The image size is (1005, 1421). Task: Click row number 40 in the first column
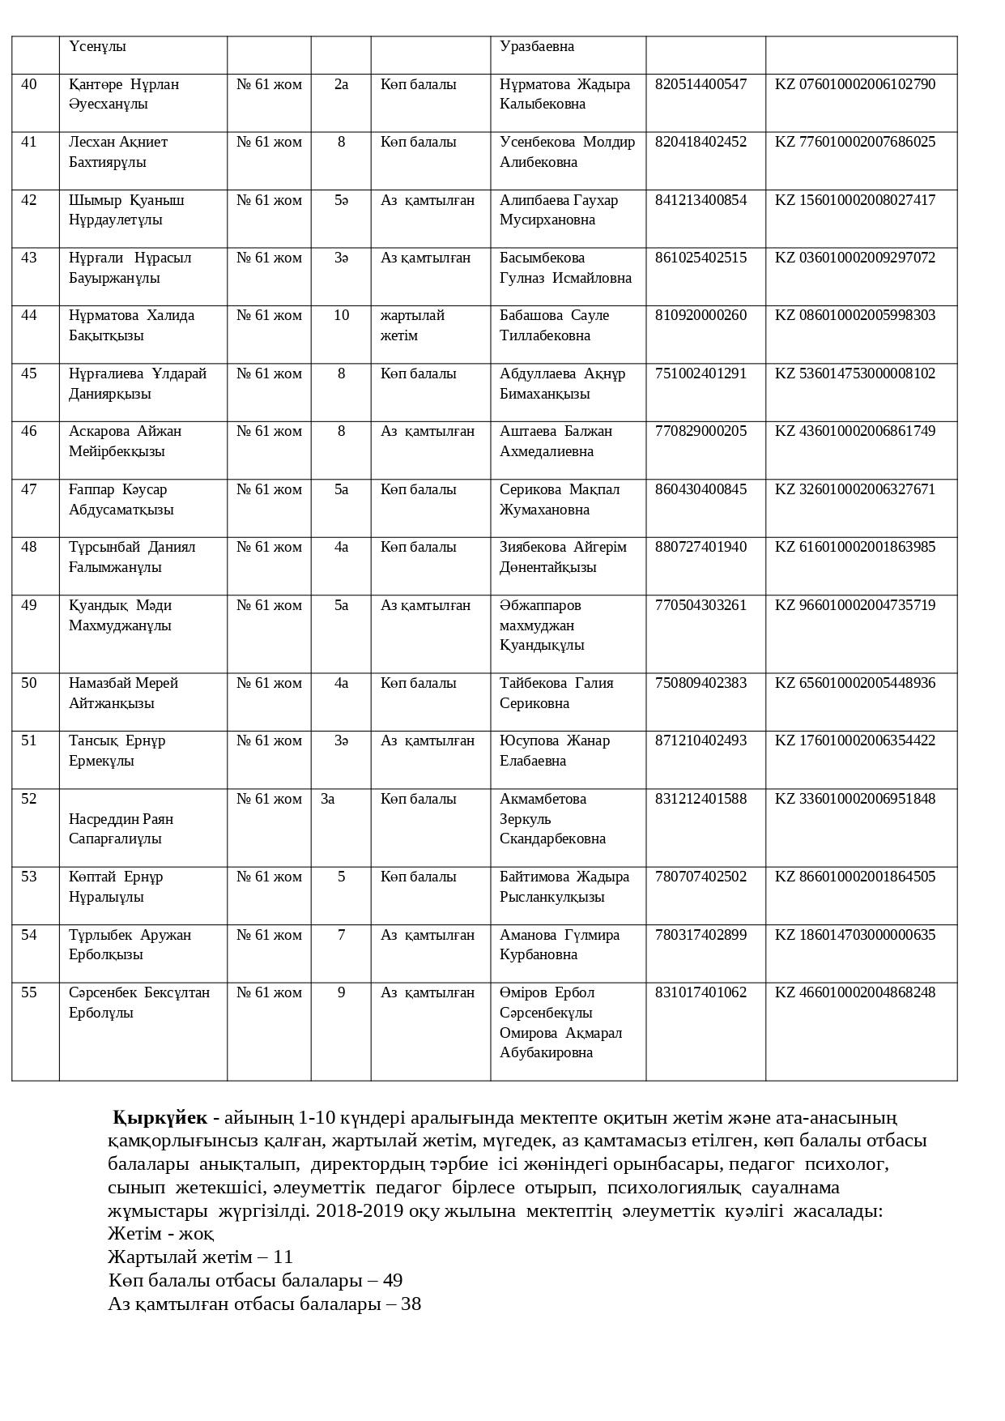tap(29, 84)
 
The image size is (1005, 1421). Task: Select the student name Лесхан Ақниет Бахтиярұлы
tap(118, 152)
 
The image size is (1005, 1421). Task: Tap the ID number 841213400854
tap(701, 200)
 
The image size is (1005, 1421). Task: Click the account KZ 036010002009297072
tap(854, 258)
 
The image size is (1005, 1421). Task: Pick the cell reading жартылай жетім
tap(412, 325)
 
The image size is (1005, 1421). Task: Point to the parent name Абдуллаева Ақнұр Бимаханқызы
tap(562, 384)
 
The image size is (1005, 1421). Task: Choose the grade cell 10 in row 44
tap(341, 315)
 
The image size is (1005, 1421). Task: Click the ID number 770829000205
tap(701, 431)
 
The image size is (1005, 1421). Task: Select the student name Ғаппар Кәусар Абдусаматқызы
tap(121, 500)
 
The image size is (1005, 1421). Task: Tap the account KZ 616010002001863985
tap(854, 547)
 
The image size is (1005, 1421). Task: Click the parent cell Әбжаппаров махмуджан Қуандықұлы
tap(541, 625)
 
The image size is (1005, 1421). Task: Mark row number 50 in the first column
tap(29, 683)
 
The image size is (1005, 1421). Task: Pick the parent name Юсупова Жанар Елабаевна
tap(554, 751)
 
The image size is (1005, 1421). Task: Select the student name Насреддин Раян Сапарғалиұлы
tap(121, 829)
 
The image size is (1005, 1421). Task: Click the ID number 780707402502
tap(701, 877)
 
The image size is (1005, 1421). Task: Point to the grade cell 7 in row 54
tap(341, 935)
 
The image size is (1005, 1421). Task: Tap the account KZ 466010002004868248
tap(854, 992)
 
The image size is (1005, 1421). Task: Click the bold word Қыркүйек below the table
tap(160, 1118)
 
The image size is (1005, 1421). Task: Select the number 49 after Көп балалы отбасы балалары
tap(392, 1281)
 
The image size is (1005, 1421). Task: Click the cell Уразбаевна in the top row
tap(537, 47)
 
